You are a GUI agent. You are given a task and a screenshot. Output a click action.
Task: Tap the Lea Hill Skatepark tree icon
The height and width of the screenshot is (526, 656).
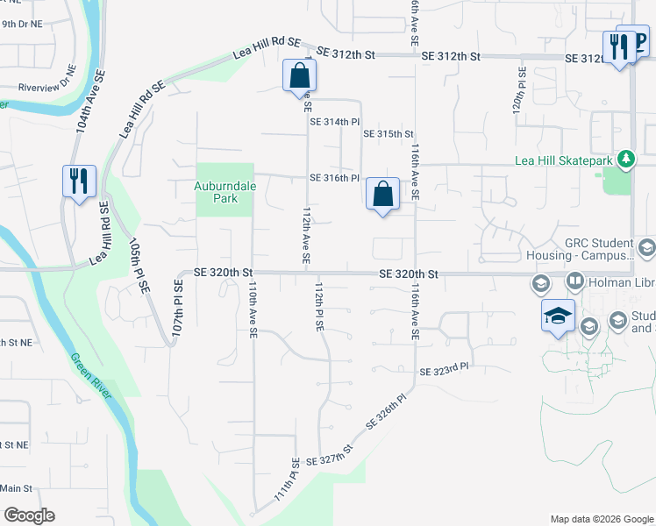pyautogui.click(x=624, y=159)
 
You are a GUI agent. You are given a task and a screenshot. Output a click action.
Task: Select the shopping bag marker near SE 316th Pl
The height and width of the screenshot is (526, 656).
pyautogui.click(x=382, y=194)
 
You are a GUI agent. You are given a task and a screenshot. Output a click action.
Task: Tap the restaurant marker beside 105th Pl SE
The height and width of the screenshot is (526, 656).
pyautogui.click(x=79, y=181)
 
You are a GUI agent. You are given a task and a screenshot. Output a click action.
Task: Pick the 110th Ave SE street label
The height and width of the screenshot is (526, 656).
pyautogui.click(x=252, y=309)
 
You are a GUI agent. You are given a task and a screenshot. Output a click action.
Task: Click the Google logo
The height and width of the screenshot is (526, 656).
pyautogui.click(x=29, y=515)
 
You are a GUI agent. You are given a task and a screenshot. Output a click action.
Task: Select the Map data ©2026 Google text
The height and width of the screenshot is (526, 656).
pyautogui.click(x=601, y=519)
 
